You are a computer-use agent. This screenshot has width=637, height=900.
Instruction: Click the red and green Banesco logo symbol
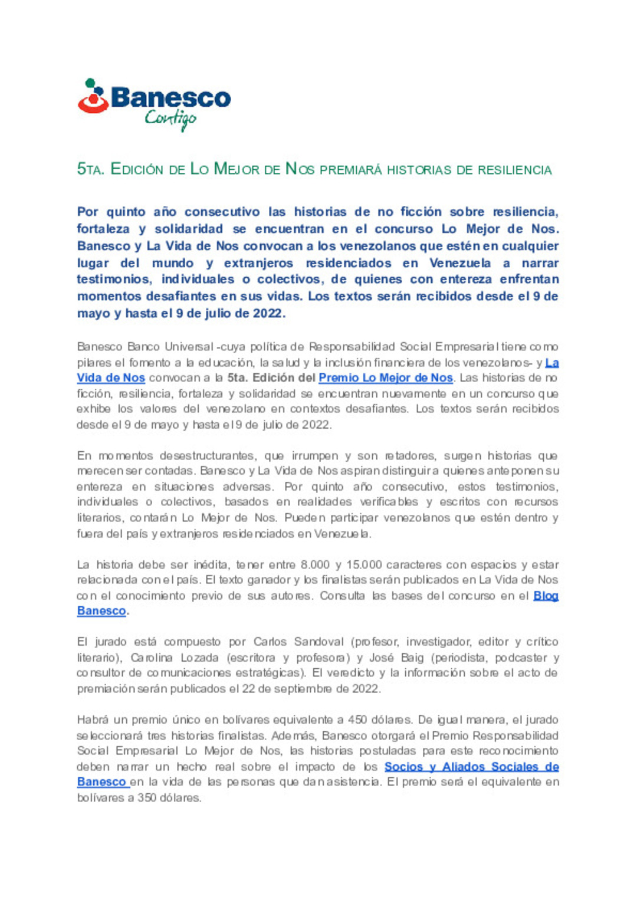[93, 96]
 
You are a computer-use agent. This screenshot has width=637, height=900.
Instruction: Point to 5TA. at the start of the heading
[91, 169]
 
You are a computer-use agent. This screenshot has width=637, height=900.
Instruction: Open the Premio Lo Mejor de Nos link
[386, 377]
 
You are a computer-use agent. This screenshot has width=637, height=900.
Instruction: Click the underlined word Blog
[546, 596]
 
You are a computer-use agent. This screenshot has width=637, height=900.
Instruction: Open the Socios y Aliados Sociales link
[471, 767]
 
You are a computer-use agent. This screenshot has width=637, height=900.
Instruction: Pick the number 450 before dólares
[357, 720]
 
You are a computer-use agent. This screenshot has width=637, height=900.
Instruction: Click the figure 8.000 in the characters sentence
[315, 565]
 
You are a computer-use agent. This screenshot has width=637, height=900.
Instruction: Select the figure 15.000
[364, 565]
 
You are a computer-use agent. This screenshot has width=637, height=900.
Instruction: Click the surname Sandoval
[318, 642]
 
